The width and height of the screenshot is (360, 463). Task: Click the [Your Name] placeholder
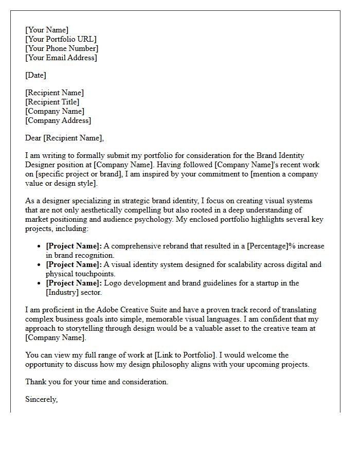(47, 30)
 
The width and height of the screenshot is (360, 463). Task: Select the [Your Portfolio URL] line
(61, 39)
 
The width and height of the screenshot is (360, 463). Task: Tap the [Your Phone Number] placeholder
(62, 48)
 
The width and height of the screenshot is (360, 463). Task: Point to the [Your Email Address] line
(61, 58)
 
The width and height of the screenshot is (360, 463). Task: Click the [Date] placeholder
(35, 75)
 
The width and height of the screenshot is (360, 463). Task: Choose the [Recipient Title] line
(52, 102)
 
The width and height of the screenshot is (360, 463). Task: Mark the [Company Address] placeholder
(58, 120)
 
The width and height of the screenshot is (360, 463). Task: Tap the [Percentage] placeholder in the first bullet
(269, 246)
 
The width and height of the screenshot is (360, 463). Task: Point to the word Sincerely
(42, 399)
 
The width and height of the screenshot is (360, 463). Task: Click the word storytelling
(82, 328)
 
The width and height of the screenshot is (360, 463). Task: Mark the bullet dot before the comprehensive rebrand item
(39, 246)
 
